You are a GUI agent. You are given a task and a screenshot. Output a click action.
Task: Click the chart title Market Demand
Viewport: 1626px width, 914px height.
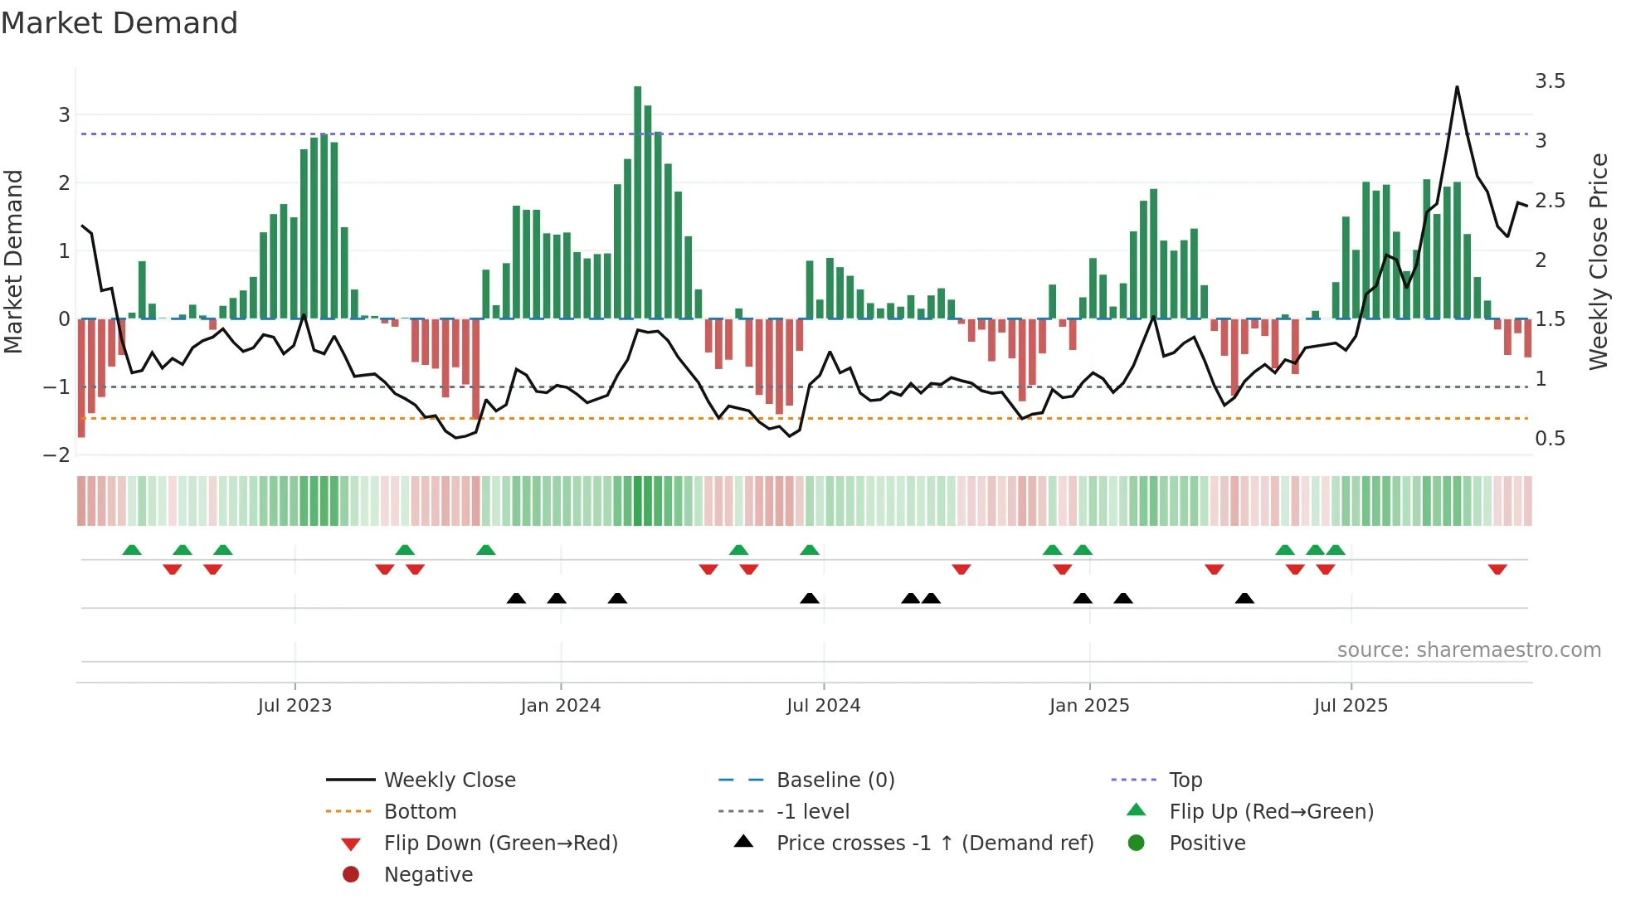coord(119,23)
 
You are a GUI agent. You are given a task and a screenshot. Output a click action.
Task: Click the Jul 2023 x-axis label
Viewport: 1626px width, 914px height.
coord(295,706)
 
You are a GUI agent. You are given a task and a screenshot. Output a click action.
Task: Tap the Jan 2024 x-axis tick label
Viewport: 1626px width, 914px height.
coord(560,706)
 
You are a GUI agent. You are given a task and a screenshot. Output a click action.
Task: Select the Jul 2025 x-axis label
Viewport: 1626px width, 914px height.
coord(1351,706)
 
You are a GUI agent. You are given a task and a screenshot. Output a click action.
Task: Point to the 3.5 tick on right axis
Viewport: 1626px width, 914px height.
coord(1550,81)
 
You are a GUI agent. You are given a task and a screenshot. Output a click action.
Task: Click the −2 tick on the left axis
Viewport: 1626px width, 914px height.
coord(56,455)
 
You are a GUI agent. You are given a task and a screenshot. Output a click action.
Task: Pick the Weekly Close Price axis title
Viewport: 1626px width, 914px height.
coord(1598,261)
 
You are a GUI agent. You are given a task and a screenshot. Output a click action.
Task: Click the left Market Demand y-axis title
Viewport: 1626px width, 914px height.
coord(13,261)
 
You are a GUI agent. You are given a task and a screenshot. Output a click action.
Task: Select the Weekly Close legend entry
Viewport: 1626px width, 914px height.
coord(449,780)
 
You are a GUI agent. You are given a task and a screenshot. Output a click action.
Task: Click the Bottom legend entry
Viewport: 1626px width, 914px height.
coord(420,812)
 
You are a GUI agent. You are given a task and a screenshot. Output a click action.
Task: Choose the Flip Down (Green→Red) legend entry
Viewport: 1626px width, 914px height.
coord(500,844)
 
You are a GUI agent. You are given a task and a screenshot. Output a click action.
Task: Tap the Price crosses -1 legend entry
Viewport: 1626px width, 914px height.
coord(934,844)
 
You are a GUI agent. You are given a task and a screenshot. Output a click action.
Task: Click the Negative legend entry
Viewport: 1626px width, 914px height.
coord(428,875)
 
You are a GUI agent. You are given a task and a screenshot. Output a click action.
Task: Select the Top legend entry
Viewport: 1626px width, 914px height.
coord(1185,780)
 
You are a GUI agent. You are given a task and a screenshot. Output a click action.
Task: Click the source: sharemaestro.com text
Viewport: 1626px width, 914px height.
coord(1468,650)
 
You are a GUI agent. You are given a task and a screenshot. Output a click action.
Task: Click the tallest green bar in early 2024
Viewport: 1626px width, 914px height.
coord(637,199)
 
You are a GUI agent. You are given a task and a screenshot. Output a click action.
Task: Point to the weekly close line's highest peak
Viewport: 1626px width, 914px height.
coord(1457,87)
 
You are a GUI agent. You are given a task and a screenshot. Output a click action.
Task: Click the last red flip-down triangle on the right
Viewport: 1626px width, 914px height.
coord(1497,569)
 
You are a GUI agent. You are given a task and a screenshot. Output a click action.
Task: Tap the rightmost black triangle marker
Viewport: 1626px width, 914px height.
coord(1244,598)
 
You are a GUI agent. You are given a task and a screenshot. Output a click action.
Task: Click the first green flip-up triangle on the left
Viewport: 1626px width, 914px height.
coord(132,550)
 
